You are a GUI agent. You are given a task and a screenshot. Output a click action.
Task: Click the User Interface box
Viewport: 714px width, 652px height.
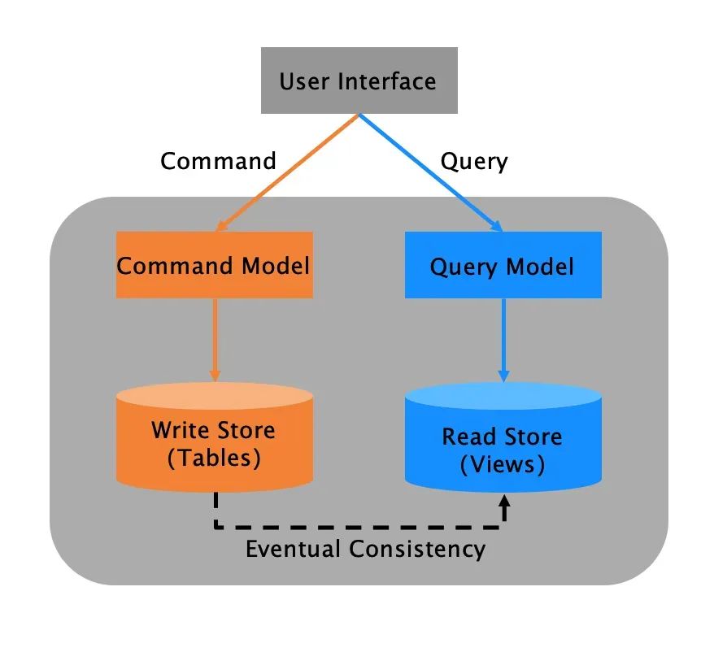pos(358,80)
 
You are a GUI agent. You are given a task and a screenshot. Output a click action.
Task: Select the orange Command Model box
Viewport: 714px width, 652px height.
pos(214,266)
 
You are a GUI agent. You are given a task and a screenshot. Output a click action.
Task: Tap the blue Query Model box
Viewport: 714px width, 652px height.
pos(503,266)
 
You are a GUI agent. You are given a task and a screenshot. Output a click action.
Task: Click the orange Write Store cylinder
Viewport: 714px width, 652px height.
pos(215,439)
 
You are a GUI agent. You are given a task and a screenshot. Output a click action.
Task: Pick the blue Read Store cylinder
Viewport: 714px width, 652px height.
pos(503,443)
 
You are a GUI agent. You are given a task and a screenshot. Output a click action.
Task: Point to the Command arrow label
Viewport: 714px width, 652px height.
pos(218,161)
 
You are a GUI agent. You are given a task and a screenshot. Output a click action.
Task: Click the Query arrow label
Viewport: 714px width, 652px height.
pos(474,161)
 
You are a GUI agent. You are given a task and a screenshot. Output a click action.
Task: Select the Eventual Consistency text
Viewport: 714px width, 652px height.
pos(365,549)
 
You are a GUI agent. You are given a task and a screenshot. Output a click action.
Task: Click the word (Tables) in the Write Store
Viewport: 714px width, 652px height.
pos(214,457)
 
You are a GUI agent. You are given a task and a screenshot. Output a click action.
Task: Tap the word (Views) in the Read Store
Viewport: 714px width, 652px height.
pos(502,464)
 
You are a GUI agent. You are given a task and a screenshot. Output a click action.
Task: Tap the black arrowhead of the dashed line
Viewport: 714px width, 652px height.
pos(504,506)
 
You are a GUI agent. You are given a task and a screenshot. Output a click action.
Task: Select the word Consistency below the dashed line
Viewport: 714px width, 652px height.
pos(416,549)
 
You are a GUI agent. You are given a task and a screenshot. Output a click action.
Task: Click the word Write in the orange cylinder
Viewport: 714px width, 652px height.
pos(180,430)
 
